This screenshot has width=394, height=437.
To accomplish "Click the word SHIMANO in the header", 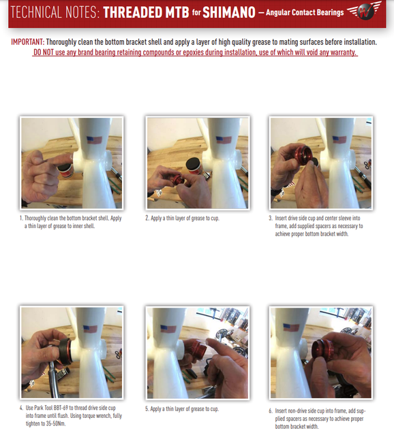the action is point(229,12).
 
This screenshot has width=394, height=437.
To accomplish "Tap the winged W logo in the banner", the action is point(365,11).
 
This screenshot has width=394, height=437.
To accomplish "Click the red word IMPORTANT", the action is point(28,42).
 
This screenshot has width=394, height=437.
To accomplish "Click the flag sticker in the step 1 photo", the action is point(94,140).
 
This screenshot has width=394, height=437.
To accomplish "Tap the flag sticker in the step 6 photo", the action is point(291,328).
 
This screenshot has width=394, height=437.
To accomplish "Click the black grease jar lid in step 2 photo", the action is point(192,163).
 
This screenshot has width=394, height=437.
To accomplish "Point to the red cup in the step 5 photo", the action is point(198,352).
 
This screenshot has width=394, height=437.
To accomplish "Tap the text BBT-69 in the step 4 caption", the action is point(61,408).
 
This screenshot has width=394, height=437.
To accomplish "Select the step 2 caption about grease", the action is point(182,218).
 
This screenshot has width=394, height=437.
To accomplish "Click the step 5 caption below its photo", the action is point(182,409).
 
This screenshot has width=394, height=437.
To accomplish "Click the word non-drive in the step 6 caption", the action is point(297,410).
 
